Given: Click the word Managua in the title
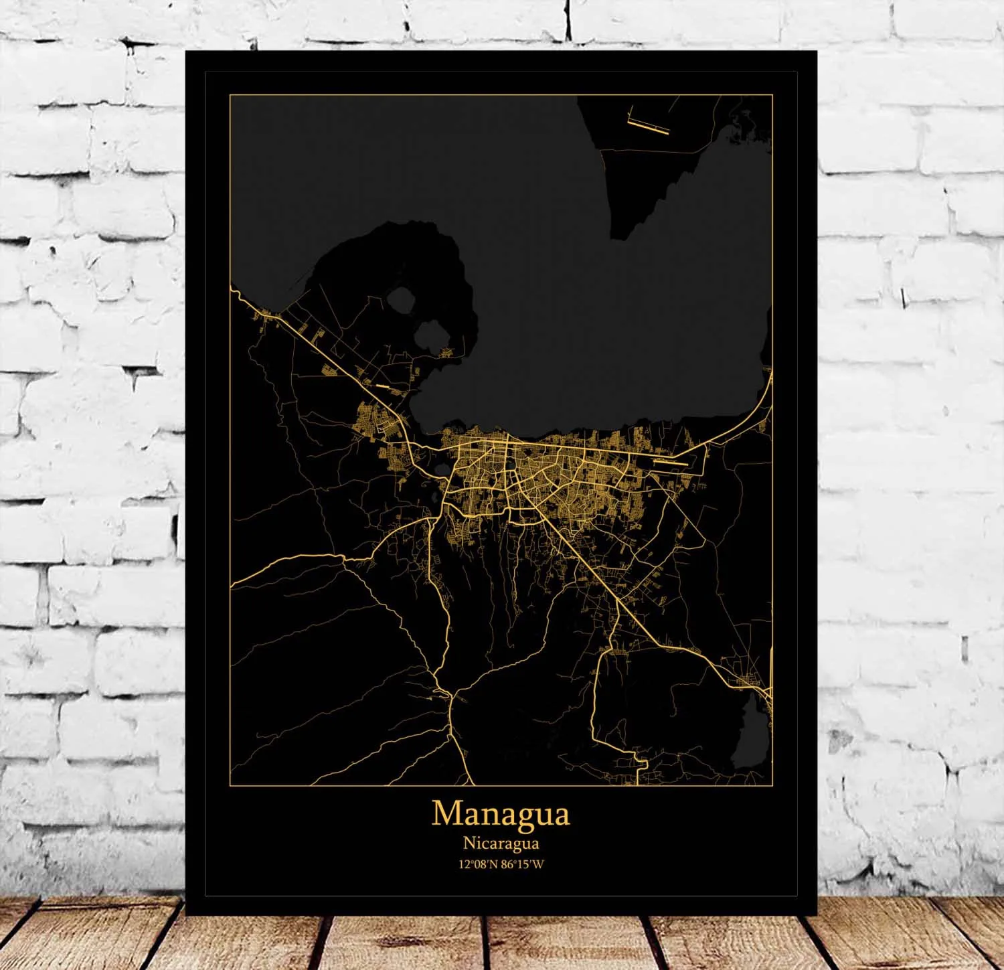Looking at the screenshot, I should (x=501, y=813).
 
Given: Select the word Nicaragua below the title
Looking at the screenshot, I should (x=501, y=843).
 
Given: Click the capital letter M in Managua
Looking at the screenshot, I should (x=446, y=813).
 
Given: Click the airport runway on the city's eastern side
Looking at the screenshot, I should (x=669, y=461).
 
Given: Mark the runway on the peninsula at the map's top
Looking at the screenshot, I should (x=648, y=126).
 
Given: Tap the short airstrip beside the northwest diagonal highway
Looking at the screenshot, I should (x=382, y=386).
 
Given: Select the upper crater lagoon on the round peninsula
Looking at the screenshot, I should (x=402, y=299).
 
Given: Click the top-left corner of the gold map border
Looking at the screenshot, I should (x=230, y=95).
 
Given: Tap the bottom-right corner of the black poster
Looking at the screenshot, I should (x=817, y=914).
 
